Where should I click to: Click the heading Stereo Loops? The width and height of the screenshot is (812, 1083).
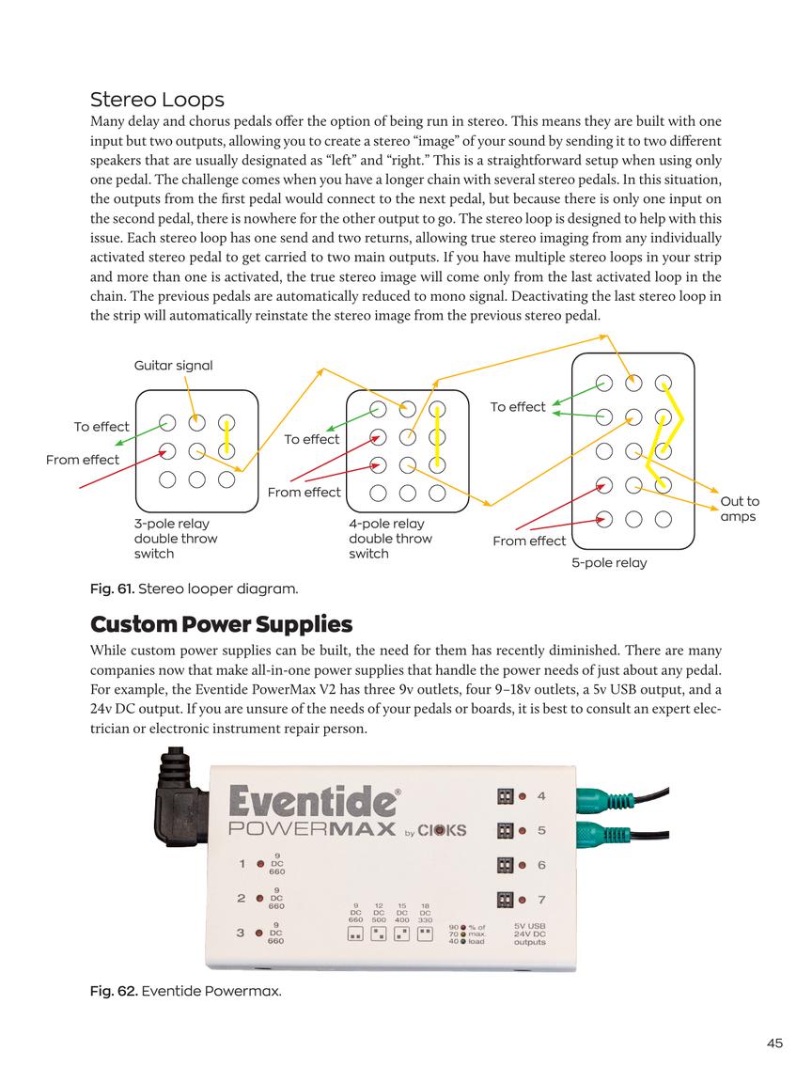point(157,100)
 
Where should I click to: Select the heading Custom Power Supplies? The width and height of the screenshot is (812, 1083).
point(221,624)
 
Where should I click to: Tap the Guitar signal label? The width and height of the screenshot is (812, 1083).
point(173,365)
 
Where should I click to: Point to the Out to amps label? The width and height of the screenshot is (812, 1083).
point(740,509)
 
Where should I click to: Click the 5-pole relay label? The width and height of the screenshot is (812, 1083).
point(609,563)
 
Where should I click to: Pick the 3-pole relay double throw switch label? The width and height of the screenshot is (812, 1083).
point(176,539)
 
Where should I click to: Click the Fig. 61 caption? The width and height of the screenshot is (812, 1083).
point(194,589)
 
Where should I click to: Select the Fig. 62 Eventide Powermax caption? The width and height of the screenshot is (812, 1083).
point(185,991)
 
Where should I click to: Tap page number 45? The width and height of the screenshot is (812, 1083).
point(774,1042)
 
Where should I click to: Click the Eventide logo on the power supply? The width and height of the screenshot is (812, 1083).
point(312,802)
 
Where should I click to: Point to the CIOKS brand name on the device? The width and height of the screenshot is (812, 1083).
point(442,831)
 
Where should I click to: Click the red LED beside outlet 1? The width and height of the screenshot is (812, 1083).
point(258,864)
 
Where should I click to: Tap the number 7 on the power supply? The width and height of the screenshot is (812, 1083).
point(541,900)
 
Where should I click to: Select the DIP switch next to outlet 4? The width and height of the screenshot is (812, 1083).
point(505,796)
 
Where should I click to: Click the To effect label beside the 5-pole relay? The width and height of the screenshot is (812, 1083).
point(517,407)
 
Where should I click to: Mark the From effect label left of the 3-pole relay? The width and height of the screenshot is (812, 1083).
point(83,460)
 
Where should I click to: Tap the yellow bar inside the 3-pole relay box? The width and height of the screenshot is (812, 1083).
point(226,437)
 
